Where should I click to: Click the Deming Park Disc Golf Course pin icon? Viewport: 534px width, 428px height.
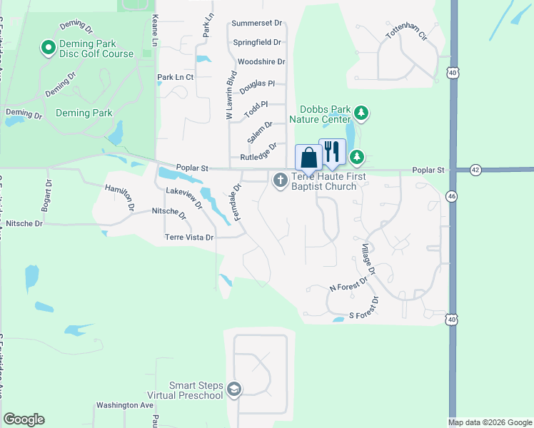pos(49,48)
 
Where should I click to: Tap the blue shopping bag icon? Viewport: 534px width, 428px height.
pos(308,157)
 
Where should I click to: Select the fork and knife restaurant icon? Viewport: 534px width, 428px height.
pos(332,151)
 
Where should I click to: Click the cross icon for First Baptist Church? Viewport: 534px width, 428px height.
pos(280,181)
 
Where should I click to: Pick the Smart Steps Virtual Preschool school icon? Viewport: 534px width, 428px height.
pos(234,389)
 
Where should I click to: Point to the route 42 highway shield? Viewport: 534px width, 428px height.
pos(476,170)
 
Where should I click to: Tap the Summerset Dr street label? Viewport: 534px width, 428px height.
pos(258,24)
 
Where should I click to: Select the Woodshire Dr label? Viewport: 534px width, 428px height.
pos(261,62)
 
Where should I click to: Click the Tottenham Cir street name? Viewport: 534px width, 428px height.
pos(405,34)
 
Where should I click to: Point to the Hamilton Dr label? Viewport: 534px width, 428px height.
pos(120,198)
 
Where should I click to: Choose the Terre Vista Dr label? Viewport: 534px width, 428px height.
pos(189,237)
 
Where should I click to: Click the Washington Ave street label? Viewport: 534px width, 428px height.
pos(126,405)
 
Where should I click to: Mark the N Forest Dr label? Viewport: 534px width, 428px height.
pos(348,287)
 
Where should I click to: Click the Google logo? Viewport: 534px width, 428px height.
pos(24,420)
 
